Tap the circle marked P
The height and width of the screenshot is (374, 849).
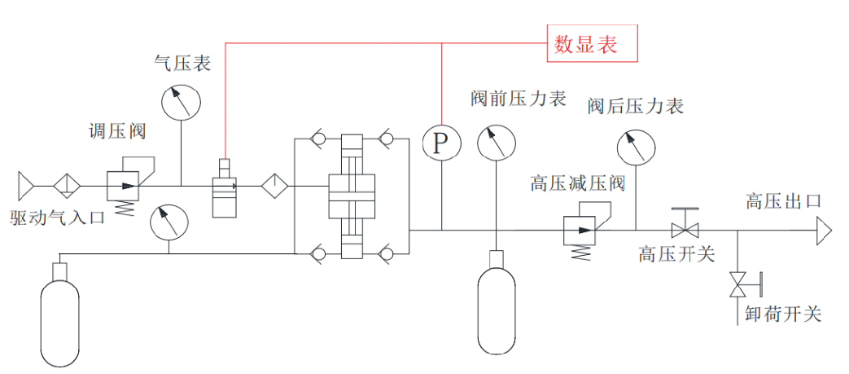440,143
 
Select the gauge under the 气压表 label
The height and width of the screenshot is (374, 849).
181,103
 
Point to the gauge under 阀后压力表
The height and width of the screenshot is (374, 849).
636,148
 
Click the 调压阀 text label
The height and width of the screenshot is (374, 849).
113,132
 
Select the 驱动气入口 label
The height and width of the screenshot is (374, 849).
58,218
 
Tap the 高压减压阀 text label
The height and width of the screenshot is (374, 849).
577,183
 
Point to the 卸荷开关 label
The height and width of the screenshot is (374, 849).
783,314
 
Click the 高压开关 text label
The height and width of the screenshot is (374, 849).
676,254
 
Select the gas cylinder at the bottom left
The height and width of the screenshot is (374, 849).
59,315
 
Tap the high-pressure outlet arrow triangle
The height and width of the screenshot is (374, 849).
825,231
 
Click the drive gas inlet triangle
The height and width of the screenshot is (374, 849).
26,186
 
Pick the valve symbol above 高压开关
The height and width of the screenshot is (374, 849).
685,224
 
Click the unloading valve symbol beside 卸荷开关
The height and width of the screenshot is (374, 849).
739,284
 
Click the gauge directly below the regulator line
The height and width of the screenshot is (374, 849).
168,221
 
